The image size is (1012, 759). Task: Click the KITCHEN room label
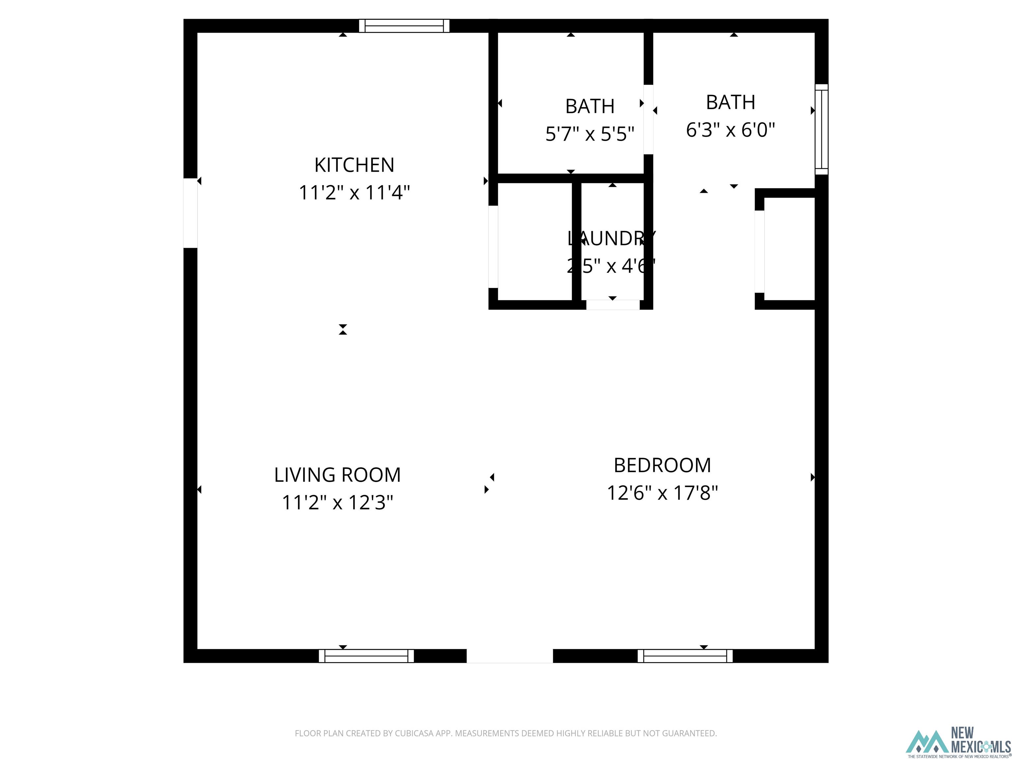click(x=354, y=165)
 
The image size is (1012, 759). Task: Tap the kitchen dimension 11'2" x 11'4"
click(x=354, y=193)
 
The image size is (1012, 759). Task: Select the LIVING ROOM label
click(x=337, y=475)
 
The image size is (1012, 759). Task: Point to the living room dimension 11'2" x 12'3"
click(x=337, y=503)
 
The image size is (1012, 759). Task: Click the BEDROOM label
click(x=662, y=465)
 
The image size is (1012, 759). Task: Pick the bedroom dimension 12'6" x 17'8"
click(x=662, y=493)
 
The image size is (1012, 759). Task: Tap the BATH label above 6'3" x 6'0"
click(x=730, y=102)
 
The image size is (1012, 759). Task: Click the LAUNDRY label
click(x=611, y=239)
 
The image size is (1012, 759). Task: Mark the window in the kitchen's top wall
click(x=404, y=26)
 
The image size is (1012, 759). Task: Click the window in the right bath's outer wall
click(x=822, y=129)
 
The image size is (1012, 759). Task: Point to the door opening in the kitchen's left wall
click(x=190, y=213)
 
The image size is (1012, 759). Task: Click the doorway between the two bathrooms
click(x=648, y=119)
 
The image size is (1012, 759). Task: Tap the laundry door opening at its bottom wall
click(x=613, y=305)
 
